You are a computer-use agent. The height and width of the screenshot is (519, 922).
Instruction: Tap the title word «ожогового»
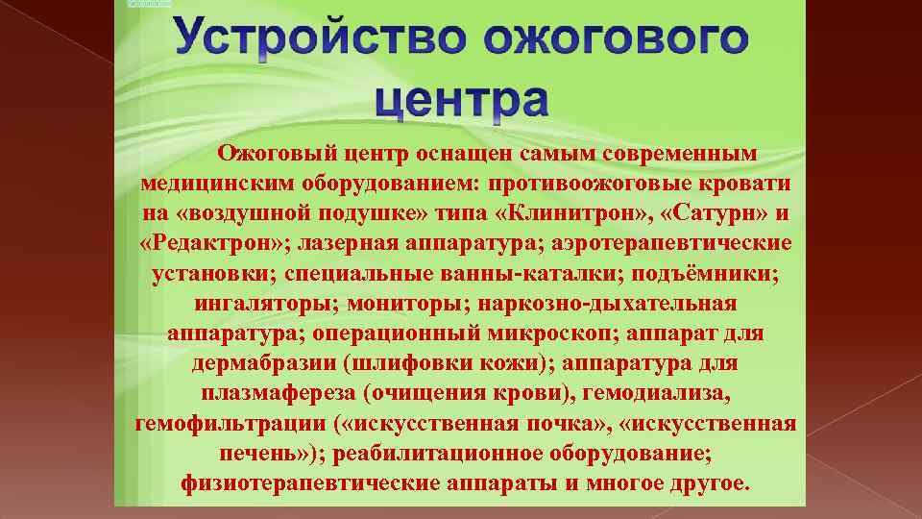[615, 40]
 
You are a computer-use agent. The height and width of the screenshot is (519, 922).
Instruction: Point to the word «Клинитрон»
[592, 211]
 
